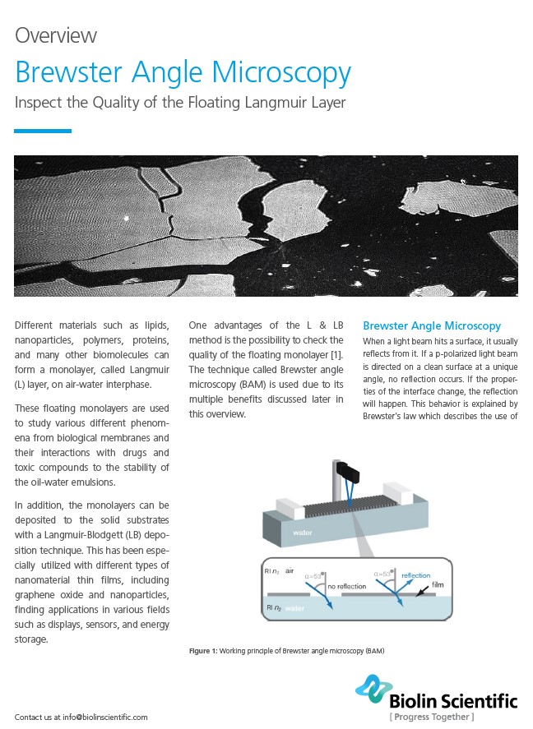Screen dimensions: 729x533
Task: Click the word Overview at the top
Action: click(56, 35)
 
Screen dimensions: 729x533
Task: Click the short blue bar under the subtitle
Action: click(43, 131)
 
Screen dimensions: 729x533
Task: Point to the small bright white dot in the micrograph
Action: click(125, 219)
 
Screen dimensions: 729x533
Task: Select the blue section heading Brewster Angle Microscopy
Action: click(432, 325)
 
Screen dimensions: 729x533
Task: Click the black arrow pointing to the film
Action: click(422, 593)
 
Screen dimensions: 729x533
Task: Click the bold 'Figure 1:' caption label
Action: click(203, 651)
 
